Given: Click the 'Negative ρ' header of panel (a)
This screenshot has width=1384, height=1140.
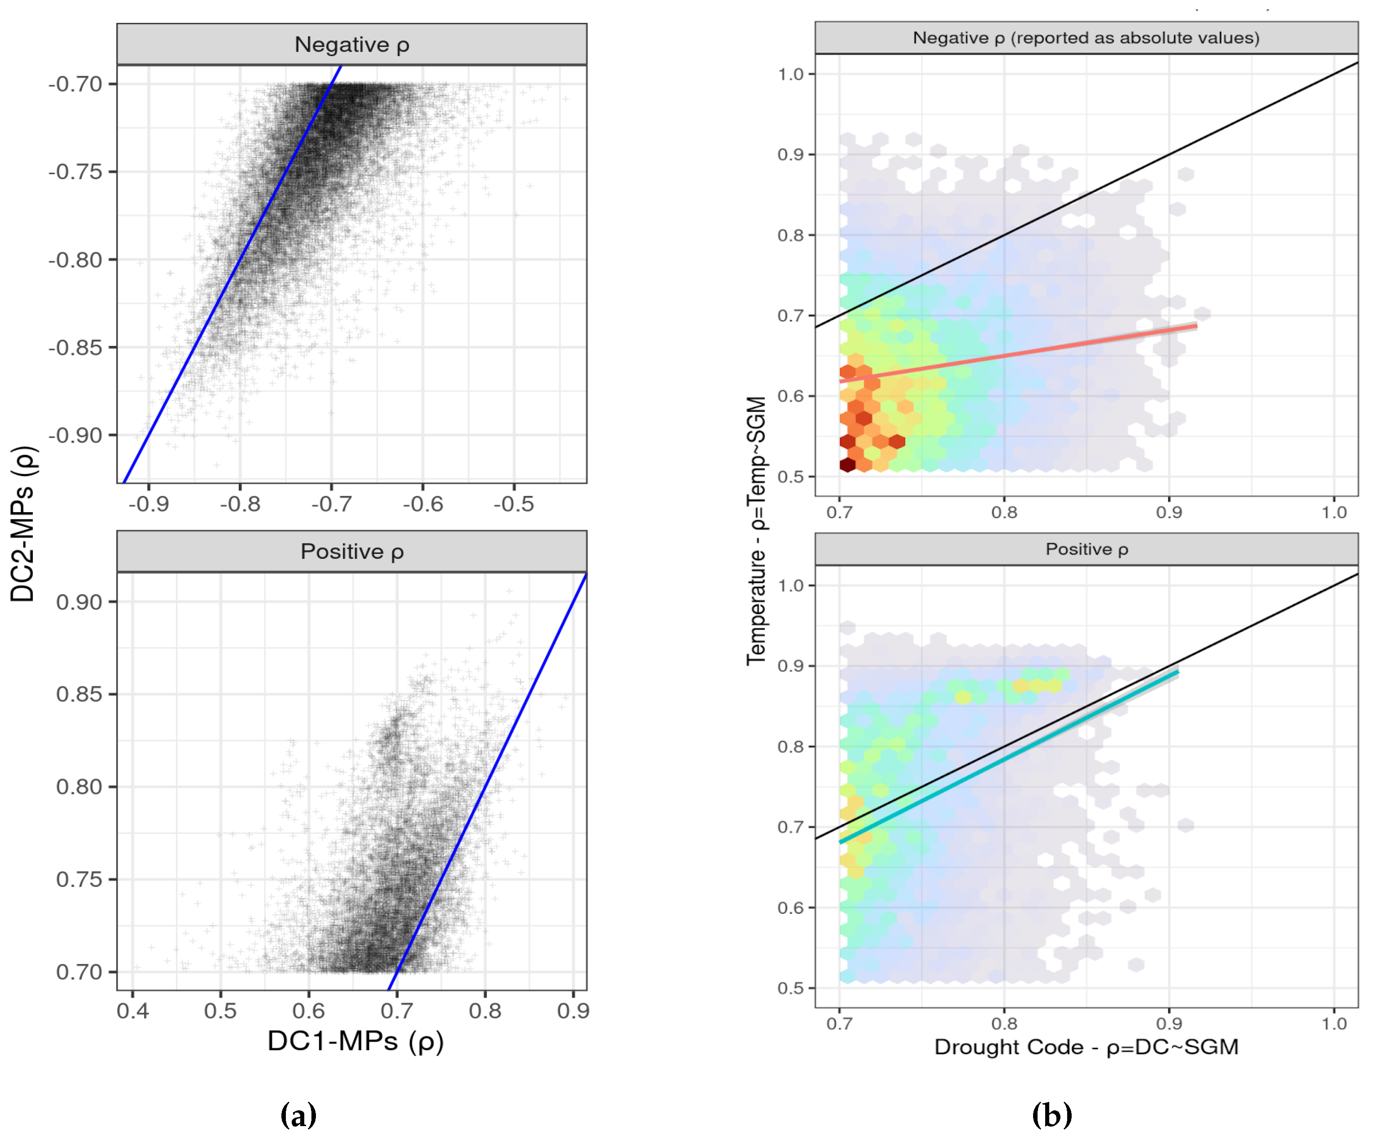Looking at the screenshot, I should coord(351,44).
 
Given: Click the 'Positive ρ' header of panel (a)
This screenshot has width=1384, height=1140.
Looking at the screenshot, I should coord(351,551).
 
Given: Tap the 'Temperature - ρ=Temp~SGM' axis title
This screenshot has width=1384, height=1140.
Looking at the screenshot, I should coord(756,530).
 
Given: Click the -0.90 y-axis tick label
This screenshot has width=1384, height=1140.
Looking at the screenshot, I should coord(75,435).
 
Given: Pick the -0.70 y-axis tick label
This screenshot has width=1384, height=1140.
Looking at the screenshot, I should coord(75,84).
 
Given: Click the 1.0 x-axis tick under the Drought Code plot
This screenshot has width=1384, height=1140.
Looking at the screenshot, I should coord(1333,1023).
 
